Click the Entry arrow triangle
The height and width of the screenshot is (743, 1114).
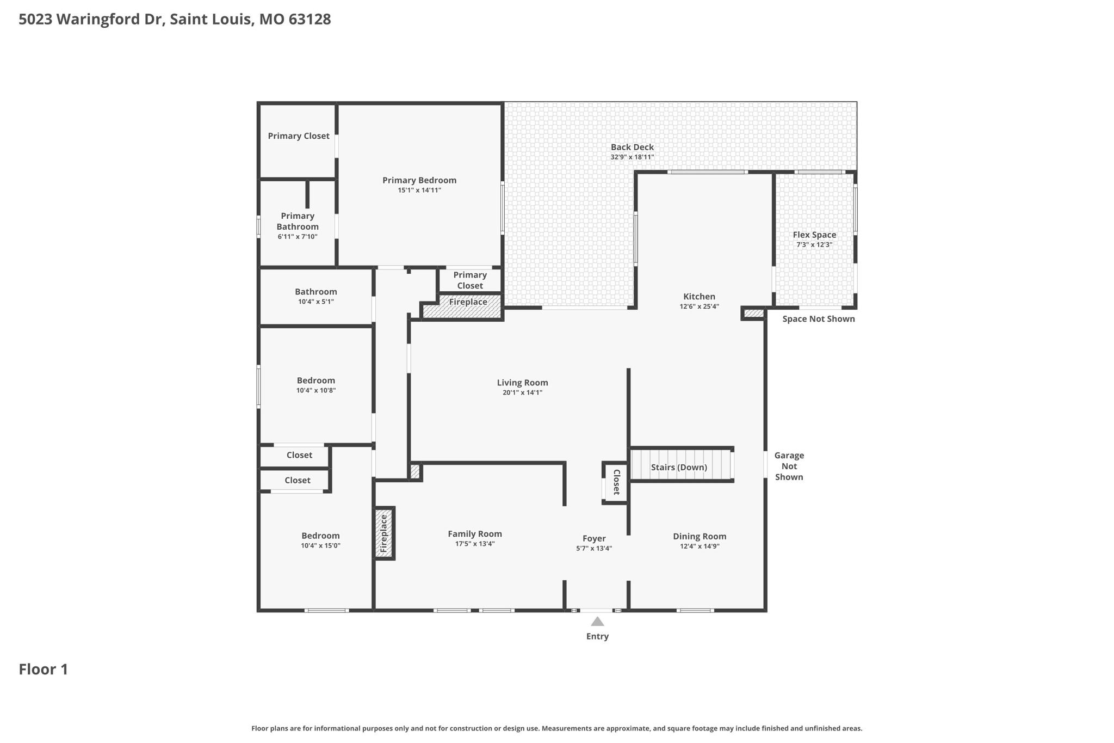pos(597,622)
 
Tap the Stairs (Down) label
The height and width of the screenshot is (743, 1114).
pos(679,467)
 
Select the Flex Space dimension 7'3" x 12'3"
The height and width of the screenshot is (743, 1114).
pos(814,245)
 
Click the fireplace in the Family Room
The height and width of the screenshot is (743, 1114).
pos(384,534)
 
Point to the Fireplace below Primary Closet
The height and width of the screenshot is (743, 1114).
pos(468,302)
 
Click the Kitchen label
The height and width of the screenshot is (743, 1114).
pos(699,297)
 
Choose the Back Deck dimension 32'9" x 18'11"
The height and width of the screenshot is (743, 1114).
pos(632,157)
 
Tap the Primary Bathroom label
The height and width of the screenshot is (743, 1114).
pos(298,222)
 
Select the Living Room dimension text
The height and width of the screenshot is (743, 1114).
pos(522,392)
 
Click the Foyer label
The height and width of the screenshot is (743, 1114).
pos(594,538)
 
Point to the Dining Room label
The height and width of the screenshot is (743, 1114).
pos(700,536)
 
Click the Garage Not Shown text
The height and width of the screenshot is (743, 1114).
pos(789,466)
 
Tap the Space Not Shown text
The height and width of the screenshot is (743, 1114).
pos(818,319)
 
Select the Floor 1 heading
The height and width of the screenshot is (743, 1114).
pos(44,669)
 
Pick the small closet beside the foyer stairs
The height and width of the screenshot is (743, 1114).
pos(616,482)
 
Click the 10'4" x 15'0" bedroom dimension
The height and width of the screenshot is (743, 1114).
pos(320,546)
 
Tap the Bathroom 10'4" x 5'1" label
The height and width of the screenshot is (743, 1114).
pos(316,292)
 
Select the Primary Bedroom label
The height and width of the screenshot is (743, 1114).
pos(419,180)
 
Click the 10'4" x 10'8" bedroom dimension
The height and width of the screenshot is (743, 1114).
pos(316,390)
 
